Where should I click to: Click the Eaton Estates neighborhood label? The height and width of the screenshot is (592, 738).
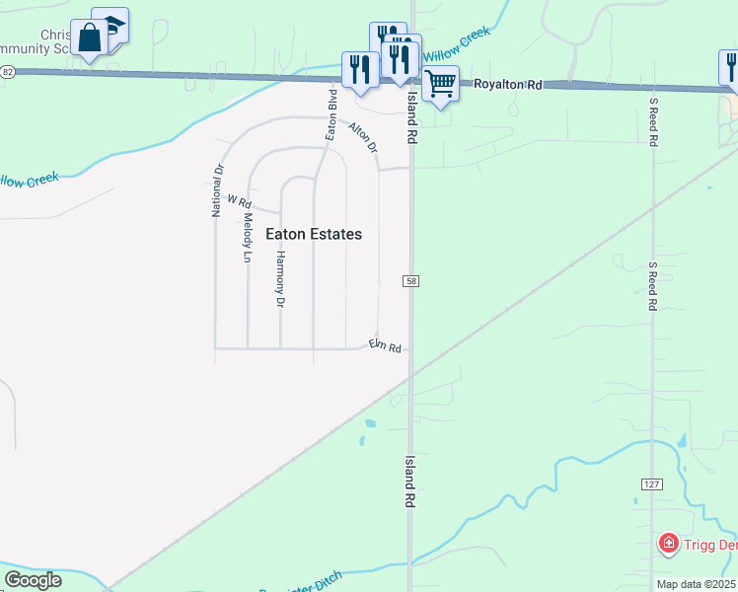pos(314,235)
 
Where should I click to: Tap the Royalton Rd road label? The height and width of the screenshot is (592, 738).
pos(508,86)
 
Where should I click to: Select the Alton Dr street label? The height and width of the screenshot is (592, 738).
pos(363,137)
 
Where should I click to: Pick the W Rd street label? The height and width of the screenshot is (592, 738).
pos(240,201)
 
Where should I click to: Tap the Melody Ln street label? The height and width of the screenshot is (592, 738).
pos(248,241)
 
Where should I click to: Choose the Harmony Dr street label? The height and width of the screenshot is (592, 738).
pos(280,278)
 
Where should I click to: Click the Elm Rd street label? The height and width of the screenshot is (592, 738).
pos(385,346)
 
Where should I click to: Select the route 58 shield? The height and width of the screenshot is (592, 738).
pos(410,282)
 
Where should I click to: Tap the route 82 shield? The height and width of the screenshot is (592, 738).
pos(8,72)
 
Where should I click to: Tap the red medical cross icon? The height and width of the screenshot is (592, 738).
pos(668,544)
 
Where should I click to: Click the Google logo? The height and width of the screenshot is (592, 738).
pos(33,580)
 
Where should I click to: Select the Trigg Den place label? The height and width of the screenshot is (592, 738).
pos(710,544)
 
